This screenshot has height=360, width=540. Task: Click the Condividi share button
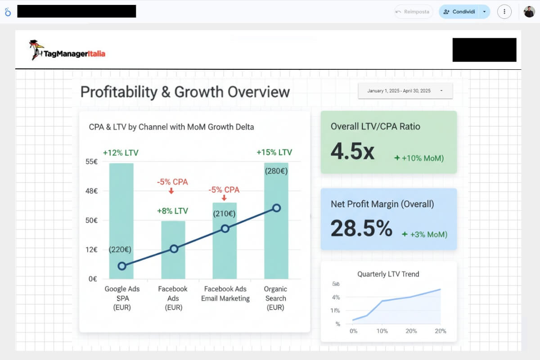click(x=459, y=12)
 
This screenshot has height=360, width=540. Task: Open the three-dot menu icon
click(x=504, y=12)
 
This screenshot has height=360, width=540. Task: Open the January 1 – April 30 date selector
click(x=405, y=91)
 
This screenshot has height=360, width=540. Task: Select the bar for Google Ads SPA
click(x=121, y=216)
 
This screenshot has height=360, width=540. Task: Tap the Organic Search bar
click(x=276, y=234)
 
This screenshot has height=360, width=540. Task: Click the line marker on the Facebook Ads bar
click(x=174, y=249)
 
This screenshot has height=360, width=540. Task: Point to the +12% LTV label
click(x=121, y=153)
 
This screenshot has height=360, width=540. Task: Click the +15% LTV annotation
click(x=274, y=153)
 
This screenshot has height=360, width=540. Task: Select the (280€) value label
click(x=276, y=171)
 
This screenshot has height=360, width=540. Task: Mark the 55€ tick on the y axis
click(x=92, y=162)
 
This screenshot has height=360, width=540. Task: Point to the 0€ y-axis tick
click(x=93, y=279)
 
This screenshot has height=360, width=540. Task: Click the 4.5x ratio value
click(x=352, y=151)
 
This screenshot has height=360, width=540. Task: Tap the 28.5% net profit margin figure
click(x=361, y=228)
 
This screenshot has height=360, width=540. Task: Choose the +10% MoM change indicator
click(x=419, y=158)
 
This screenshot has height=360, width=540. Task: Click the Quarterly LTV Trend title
click(x=388, y=274)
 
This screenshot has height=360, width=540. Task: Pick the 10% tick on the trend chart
click(x=382, y=331)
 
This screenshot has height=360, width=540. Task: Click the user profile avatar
click(x=529, y=12)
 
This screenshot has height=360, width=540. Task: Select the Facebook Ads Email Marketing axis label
click(x=225, y=294)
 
